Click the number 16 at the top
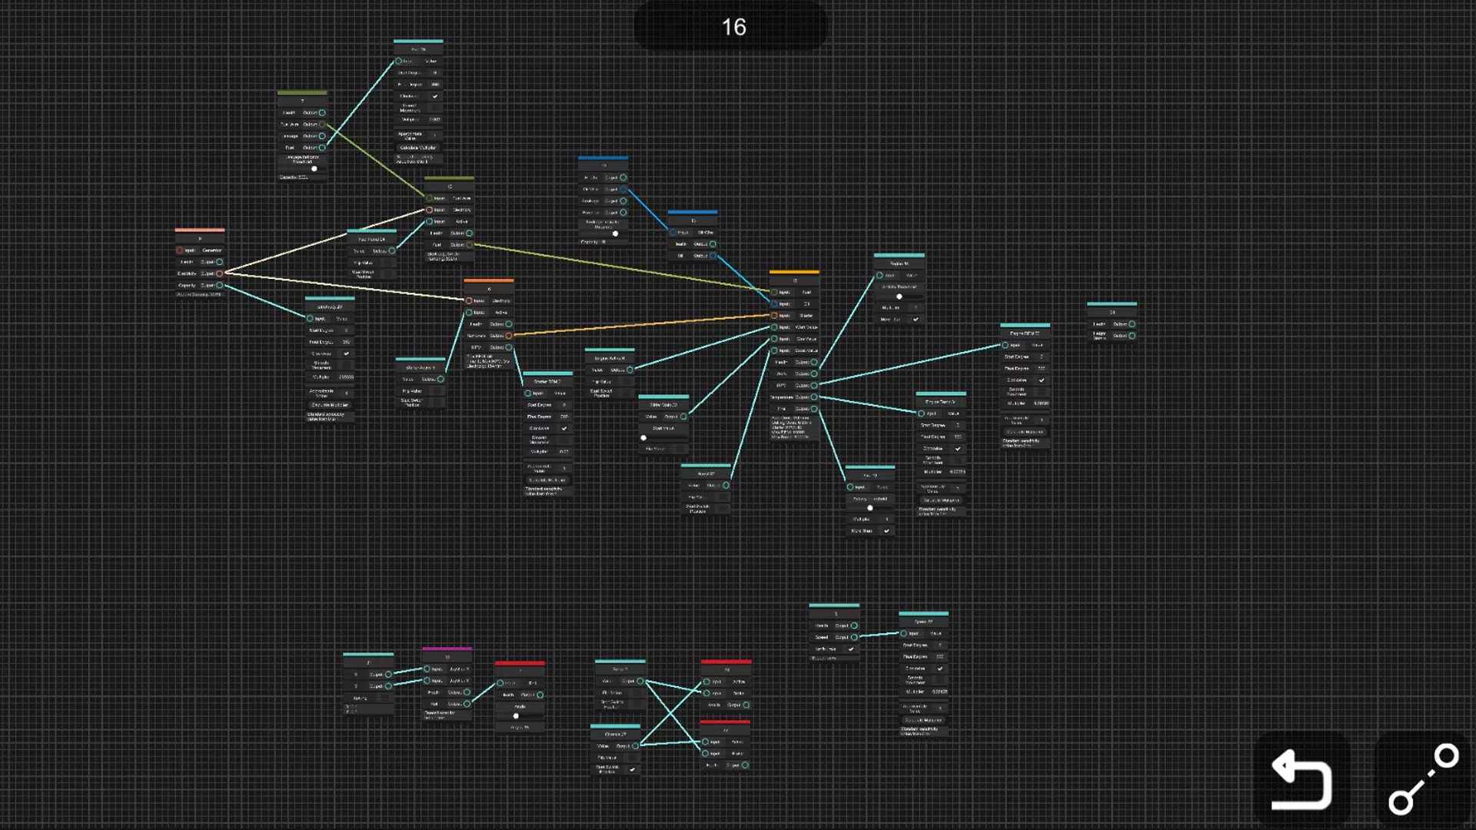733,28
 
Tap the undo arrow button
1301,780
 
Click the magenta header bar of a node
447,649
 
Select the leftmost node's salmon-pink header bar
199,230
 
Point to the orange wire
642,325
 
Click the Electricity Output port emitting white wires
220,274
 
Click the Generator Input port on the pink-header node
180,251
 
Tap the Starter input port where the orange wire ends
774,316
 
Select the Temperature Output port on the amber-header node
814,397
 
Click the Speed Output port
854,637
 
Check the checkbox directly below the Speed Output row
851,649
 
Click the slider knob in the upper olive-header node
314,168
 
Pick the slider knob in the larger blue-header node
615,234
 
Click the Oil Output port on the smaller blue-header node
713,256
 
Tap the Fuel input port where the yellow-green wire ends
774,292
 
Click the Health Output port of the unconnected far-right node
1132,324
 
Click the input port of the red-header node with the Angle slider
500,683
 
